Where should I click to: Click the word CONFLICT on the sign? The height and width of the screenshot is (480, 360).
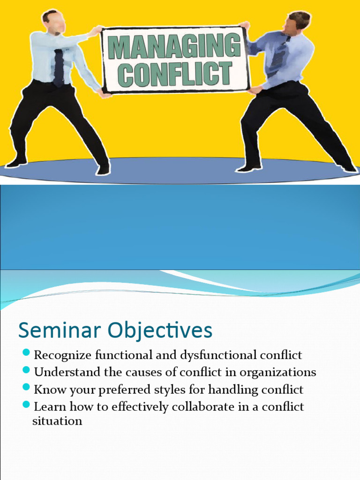click(174, 74)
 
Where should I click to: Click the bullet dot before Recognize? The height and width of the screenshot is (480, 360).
click(26, 352)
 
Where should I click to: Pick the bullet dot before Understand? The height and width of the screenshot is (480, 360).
click(26, 370)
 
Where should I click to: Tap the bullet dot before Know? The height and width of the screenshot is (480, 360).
click(26, 388)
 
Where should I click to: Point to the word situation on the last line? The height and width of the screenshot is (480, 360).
click(57, 421)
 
